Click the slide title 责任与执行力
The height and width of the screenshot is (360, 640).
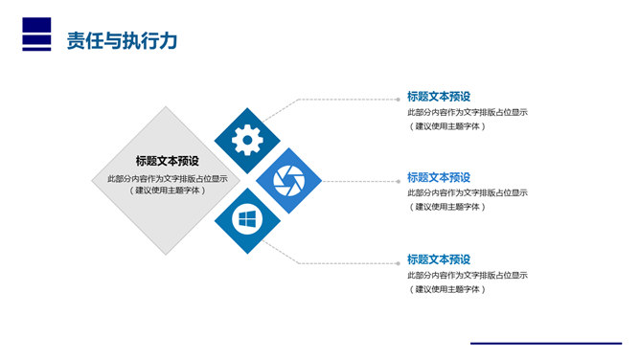coord(121,40)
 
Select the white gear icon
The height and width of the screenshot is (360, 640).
coord(247,141)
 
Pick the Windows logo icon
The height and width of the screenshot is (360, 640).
coord(247,220)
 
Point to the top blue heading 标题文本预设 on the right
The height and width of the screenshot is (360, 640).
coord(439,96)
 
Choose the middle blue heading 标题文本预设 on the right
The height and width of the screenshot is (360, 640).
coord(439,177)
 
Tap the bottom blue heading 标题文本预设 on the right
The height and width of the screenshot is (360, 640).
coord(439,259)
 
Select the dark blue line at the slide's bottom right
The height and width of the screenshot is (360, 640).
coord(544,343)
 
